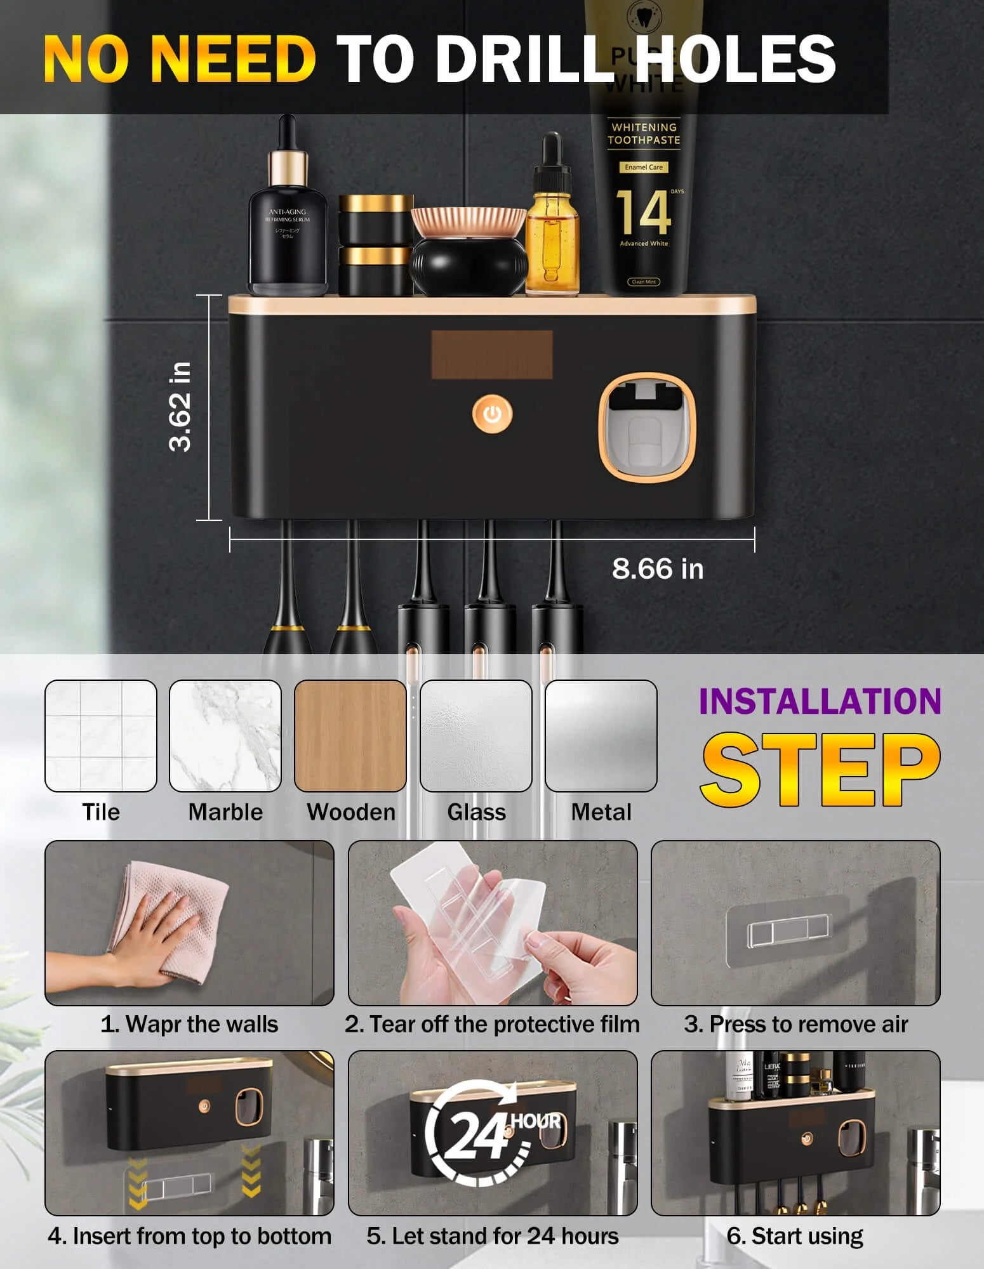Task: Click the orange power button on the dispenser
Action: [492, 414]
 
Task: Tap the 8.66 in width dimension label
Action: [657, 569]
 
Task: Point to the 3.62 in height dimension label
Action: [180, 407]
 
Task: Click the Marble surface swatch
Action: [225, 735]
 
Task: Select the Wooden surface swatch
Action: [350, 735]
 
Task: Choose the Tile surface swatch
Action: [100, 735]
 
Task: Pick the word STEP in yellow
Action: [820, 770]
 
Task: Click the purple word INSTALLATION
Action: [820, 702]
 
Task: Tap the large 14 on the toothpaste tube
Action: [642, 213]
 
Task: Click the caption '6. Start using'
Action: [795, 1235]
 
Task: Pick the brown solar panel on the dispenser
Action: [491, 354]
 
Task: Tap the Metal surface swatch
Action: [601, 735]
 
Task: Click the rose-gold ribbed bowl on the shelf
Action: [468, 222]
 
